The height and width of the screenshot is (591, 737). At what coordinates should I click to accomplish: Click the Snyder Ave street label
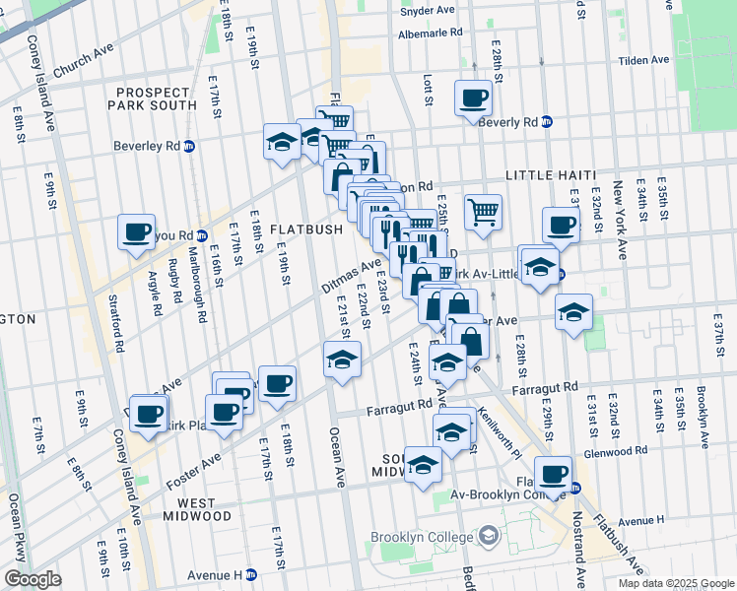pos(428,10)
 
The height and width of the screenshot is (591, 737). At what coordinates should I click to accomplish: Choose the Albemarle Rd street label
pos(429,33)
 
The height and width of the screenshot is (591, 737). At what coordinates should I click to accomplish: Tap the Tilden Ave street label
pos(643,60)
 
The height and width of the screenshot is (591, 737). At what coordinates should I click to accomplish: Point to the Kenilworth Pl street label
pos(497,433)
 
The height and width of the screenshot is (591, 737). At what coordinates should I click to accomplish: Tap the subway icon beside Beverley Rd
pos(189,146)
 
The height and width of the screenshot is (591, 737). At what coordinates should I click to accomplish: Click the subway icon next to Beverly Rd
pos(547,122)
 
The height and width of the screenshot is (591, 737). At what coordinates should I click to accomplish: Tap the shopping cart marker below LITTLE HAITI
pos(483,211)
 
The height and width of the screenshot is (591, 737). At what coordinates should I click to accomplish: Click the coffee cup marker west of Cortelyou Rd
pos(136,231)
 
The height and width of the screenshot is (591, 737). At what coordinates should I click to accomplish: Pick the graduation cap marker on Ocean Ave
pos(342,359)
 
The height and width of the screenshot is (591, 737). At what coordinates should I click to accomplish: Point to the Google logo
pos(32,579)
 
